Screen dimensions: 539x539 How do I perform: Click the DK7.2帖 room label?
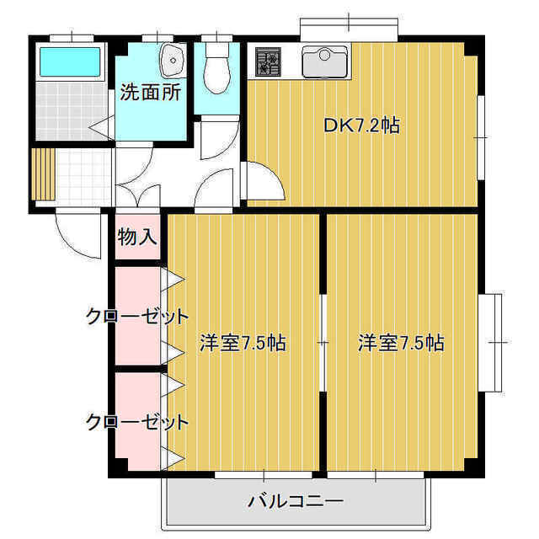[x=362, y=125]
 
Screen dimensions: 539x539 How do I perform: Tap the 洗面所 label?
[x=150, y=92]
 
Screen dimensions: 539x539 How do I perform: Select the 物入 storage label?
[x=137, y=237]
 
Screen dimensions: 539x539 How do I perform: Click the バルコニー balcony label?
[x=296, y=502]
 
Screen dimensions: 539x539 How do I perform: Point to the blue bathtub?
[x=70, y=61]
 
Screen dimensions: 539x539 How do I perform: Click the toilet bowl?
[x=216, y=68]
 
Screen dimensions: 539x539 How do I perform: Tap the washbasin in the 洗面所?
[x=173, y=61]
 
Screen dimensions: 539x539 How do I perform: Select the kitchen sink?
[x=324, y=61]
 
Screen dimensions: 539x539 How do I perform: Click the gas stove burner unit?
[x=268, y=61]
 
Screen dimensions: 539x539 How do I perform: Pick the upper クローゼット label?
[x=137, y=317]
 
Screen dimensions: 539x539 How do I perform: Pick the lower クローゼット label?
[x=137, y=422]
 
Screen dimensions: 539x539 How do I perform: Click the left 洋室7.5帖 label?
[x=243, y=343]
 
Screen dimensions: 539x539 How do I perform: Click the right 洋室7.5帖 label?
[x=401, y=343]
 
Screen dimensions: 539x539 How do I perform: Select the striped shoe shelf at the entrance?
[x=43, y=174]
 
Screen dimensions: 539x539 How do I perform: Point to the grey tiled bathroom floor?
[x=71, y=111]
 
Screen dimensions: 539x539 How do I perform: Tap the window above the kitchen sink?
[x=349, y=27]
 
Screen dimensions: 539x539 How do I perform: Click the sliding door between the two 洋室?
[x=323, y=343]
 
